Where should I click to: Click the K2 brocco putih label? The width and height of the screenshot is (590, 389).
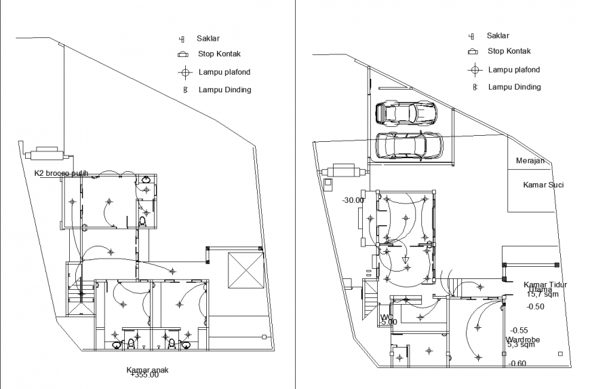61,174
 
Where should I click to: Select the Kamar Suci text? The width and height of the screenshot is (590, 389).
543,185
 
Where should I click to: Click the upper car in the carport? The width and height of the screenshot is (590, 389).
406,113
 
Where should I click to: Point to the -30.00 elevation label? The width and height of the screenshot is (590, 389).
353,200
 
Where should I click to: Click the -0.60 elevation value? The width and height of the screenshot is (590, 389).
517,363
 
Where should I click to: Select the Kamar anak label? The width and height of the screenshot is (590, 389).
147,370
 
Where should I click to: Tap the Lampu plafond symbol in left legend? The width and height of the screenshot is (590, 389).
184,72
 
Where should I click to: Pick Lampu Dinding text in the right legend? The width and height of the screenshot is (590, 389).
514,87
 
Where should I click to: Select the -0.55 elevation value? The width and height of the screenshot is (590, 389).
519,330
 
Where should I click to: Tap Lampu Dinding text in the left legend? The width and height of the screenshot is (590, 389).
224,90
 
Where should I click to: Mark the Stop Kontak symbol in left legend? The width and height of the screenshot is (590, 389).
182,54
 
